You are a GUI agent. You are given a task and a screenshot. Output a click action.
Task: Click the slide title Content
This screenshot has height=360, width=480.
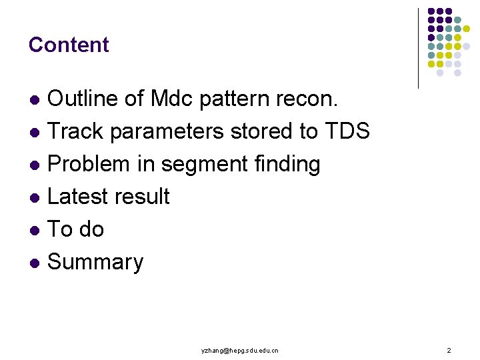[x=69, y=45]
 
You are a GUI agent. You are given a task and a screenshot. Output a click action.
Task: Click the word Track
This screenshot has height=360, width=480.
[x=76, y=131]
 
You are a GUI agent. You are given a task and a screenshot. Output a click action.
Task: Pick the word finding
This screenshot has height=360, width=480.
[x=287, y=164]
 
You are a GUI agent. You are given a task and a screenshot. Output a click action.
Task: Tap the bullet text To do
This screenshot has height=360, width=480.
[x=76, y=229]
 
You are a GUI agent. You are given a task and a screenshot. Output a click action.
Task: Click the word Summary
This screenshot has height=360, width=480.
[x=95, y=262]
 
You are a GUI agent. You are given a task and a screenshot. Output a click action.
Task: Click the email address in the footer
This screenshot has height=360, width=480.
[x=240, y=350]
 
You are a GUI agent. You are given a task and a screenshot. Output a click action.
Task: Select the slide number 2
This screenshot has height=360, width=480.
[x=449, y=350]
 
